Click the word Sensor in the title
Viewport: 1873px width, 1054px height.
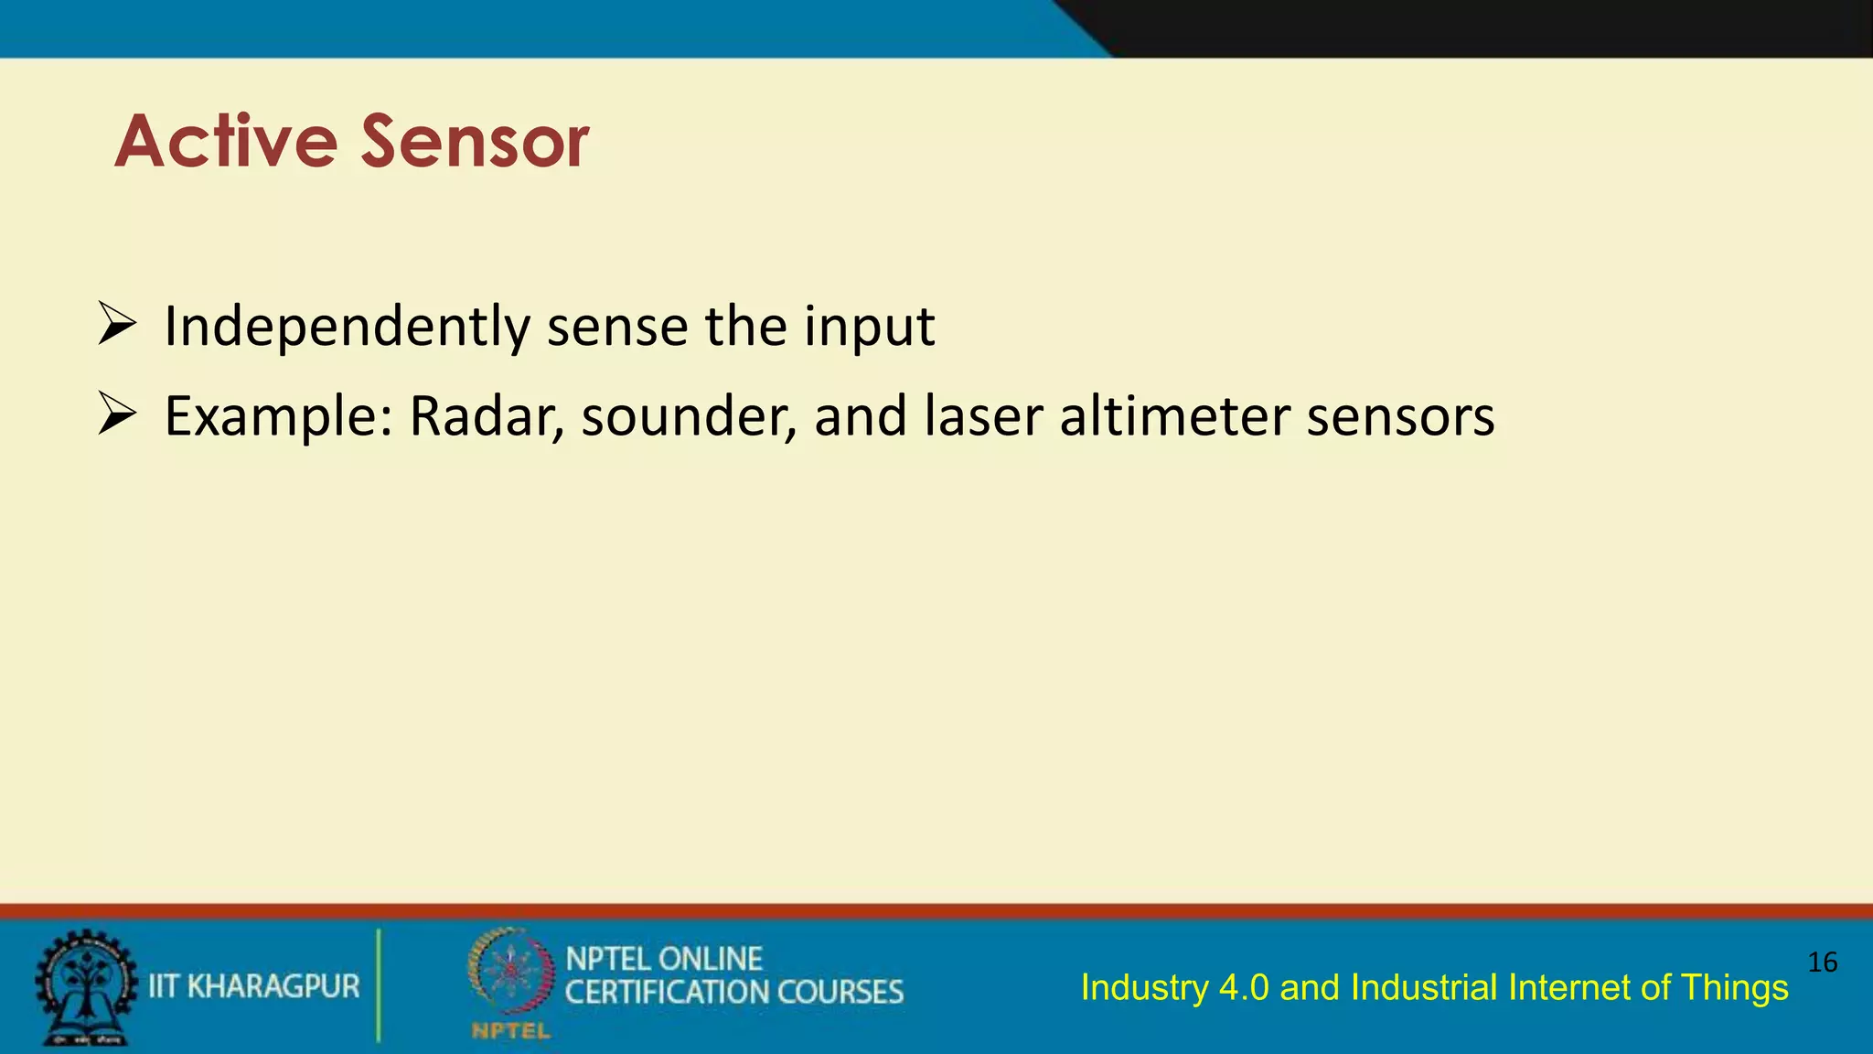click(475, 143)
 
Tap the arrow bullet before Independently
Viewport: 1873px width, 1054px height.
click(117, 325)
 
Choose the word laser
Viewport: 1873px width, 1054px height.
click(983, 416)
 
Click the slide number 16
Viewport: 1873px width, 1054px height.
click(1823, 963)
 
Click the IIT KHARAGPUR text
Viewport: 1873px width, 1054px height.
click(254, 986)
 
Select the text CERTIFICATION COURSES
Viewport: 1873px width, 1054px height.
click(734, 993)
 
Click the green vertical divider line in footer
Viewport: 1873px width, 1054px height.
click(379, 985)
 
